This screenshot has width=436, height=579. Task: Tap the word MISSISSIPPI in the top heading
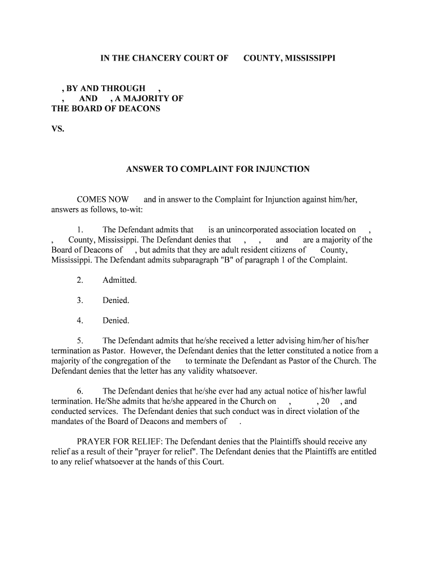(x=306, y=58)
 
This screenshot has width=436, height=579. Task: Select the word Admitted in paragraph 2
(x=119, y=280)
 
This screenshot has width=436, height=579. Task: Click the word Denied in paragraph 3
(x=116, y=300)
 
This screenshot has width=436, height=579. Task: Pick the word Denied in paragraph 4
(x=116, y=321)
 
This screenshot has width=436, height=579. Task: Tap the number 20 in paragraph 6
(x=325, y=401)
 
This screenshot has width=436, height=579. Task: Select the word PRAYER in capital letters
(x=93, y=442)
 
